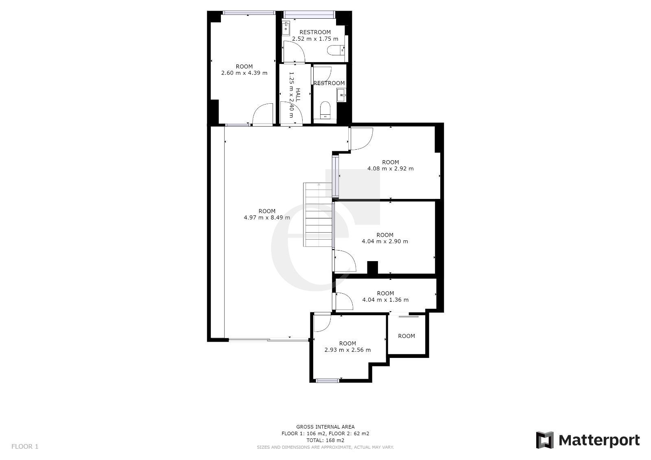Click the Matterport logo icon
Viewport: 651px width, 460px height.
(545, 440)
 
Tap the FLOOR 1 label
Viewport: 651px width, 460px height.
(25, 446)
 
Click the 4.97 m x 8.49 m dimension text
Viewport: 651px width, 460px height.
(267, 217)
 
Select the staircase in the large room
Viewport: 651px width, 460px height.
(317, 215)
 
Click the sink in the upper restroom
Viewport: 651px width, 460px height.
(286, 28)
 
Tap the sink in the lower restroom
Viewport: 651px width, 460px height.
(341, 95)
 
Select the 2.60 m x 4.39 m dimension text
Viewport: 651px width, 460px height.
(244, 73)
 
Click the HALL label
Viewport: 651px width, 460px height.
(297, 95)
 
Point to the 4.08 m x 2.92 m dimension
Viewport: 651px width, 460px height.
(390, 168)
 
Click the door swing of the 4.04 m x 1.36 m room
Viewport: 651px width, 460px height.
(344, 301)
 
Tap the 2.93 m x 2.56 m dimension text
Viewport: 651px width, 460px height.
(347, 350)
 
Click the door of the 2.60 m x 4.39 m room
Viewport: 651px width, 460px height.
(263, 114)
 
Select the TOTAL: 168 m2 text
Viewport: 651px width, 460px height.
(325, 440)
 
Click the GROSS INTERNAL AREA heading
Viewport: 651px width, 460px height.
(325, 427)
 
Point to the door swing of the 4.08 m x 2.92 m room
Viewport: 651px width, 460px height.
(362, 139)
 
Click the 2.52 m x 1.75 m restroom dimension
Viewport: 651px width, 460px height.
(315, 39)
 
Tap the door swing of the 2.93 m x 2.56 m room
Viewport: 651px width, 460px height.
(323, 323)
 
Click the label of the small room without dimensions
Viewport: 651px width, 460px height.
(406, 336)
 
